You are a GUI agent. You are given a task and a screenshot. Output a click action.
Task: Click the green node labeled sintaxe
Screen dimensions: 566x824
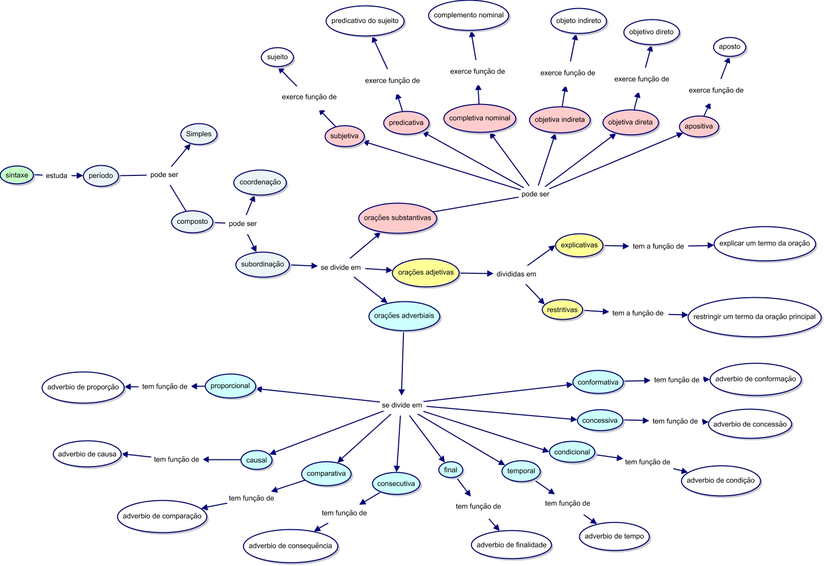17,175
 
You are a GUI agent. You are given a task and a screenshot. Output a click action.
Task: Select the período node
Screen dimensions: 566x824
100,175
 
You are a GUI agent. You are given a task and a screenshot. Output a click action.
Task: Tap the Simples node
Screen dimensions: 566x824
198,134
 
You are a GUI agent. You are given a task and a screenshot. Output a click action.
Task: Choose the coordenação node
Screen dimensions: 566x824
260,182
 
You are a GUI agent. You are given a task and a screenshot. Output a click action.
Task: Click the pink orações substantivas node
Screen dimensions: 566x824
397,218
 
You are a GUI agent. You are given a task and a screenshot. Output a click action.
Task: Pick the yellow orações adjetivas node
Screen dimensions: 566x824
425,272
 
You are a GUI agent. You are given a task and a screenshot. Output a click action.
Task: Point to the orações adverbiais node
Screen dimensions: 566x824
404,316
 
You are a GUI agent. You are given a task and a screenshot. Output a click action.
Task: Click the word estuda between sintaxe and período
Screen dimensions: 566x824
57,175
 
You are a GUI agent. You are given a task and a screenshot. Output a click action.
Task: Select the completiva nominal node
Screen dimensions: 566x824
479,118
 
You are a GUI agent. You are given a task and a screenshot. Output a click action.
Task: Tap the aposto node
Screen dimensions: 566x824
729,46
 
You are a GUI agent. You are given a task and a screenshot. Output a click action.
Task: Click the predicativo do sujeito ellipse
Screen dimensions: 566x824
365,21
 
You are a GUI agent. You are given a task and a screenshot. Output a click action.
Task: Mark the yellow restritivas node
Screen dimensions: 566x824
562,310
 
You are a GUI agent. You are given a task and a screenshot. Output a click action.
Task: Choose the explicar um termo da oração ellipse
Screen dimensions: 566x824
764,243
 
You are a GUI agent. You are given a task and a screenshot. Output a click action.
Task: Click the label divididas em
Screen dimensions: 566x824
516,274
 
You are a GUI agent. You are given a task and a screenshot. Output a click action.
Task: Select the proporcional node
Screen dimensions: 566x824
230,386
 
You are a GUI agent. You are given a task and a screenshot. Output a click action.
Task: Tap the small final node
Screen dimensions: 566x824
450,470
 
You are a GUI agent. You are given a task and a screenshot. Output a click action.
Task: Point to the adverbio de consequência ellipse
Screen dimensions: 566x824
290,546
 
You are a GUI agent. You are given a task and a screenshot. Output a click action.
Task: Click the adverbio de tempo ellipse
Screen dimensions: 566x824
614,536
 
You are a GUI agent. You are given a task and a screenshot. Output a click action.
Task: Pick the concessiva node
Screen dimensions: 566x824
600,421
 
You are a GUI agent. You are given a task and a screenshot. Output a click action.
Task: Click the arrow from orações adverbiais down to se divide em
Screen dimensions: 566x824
402,362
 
